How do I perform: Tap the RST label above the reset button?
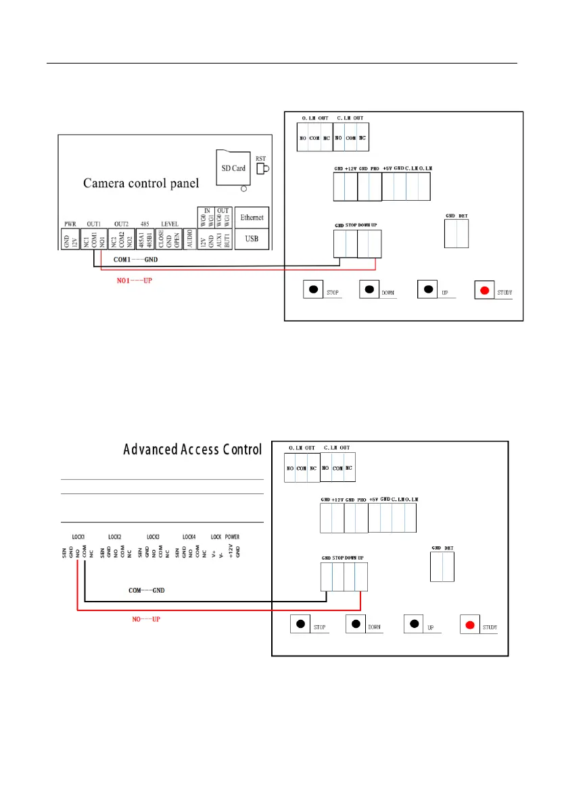[260, 154]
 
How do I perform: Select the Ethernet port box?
[252, 218]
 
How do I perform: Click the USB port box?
[252, 239]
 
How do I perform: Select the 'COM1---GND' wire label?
[135, 260]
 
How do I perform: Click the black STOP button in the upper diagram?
[314, 290]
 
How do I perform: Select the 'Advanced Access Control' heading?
[192, 450]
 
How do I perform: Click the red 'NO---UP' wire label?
[146, 618]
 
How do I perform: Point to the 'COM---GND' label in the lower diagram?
[147, 590]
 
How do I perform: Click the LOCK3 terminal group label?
[154, 537]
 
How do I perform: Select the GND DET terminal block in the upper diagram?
[456, 233]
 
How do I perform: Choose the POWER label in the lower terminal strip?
[232, 537]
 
